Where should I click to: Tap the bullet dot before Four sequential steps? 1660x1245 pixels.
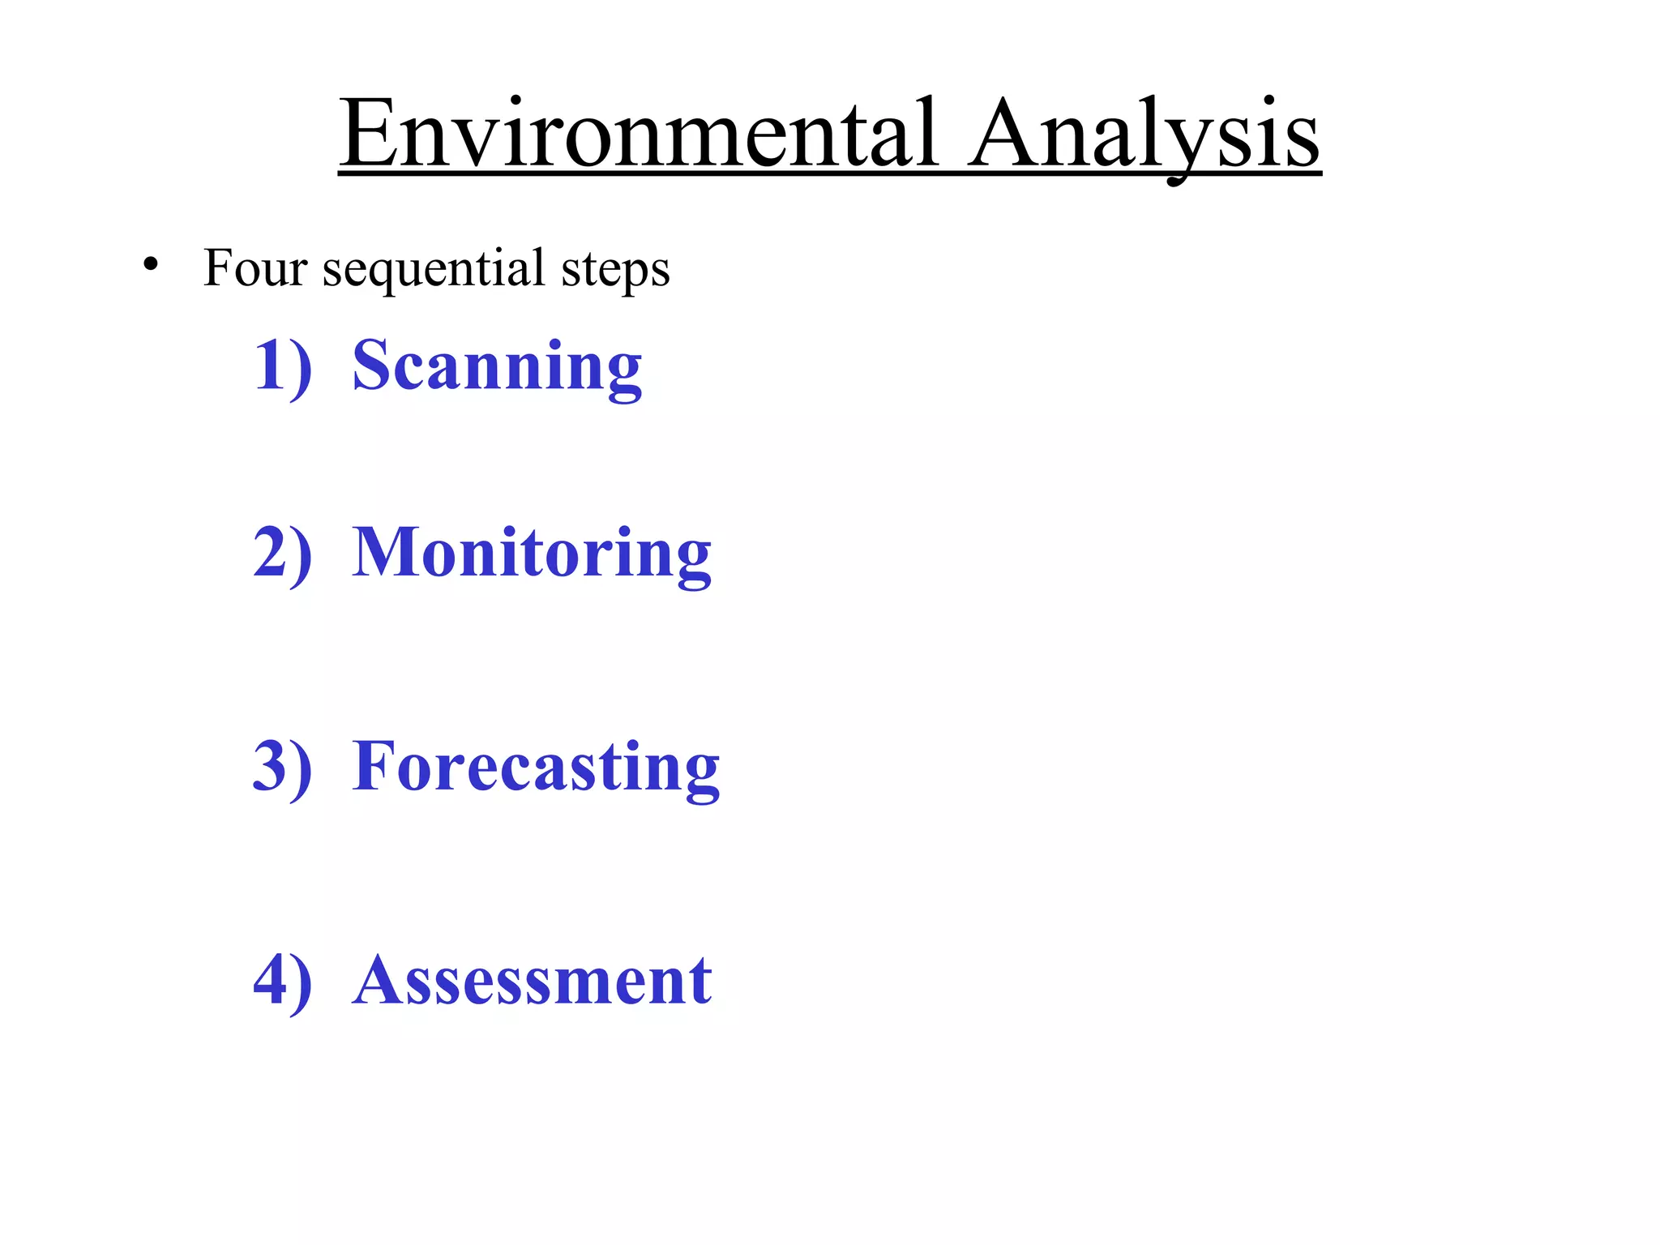(149, 265)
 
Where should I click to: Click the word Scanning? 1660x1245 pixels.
(497, 366)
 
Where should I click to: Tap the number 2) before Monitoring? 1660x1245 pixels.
(282, 553)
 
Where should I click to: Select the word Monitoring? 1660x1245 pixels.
(532, 554)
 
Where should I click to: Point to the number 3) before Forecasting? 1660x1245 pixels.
(282, 766)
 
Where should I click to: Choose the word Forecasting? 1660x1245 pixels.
(536, 767)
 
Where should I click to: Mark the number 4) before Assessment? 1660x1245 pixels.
(282, 980)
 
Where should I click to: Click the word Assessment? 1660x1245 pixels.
(533, 980)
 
